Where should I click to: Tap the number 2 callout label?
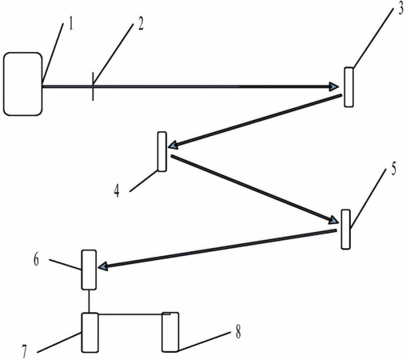(141, 24)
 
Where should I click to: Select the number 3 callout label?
(400, 9)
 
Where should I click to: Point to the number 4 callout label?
(117, 191)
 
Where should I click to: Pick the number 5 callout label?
(393, 170)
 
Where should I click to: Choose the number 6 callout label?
(36, 260)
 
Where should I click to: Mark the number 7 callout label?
(25, 351)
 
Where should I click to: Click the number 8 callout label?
(238, 333)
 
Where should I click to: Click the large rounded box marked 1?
(23, 84)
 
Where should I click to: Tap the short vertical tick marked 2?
(93, 86)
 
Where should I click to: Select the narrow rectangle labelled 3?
(348, 87)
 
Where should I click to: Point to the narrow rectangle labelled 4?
(162, 151)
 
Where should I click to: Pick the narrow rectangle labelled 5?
(346, 230)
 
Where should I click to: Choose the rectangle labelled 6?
(89, 270)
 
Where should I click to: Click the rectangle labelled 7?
(90, 333)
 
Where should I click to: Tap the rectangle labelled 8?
(170, 332)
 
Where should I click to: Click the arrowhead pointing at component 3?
(334, 86)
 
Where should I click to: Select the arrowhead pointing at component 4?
(173, 145)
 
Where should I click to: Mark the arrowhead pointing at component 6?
(103, 266)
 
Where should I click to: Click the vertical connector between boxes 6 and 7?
(90, 302)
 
